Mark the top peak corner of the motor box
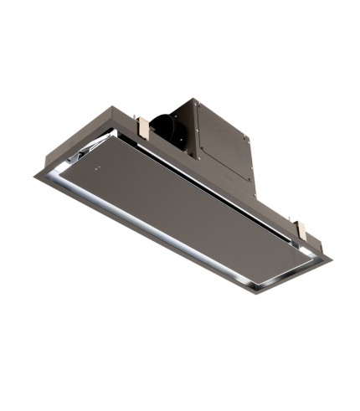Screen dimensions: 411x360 pos(198,98)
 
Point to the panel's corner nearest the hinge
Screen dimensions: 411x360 pos(117,137)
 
